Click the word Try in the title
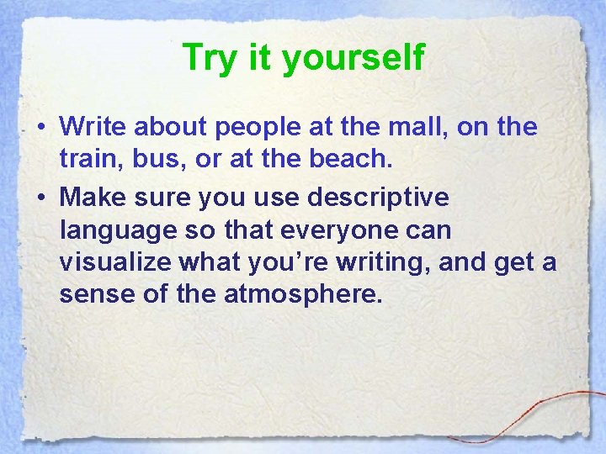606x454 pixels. pos(208,58)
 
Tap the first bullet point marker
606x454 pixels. pos(41,127)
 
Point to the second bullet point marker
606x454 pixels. pos(41,198)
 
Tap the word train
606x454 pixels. pos(89,160)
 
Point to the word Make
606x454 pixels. pos(91,198)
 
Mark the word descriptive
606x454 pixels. pos(378,198)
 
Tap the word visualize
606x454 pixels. pos(115,262)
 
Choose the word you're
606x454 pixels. pos(286,262)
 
